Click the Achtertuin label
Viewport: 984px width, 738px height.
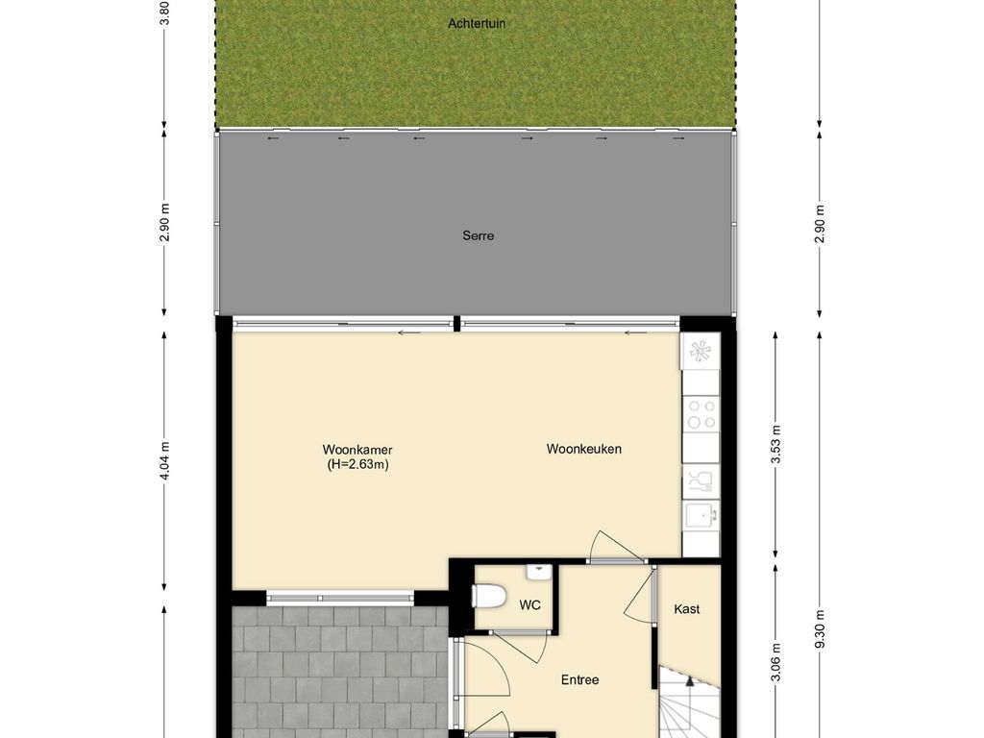point(477,23)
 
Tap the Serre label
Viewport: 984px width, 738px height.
point(478,235)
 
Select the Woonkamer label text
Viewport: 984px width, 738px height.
point(357,450)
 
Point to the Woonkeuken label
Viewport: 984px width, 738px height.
point(584,449)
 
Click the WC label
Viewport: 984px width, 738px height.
point(529,605)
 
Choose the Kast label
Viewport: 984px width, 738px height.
point(687,609)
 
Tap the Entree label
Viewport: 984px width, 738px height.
point(580,680)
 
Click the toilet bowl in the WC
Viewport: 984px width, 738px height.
point(489,596)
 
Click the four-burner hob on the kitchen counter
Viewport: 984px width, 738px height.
point(701,413)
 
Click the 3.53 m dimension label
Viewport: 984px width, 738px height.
point(776,444)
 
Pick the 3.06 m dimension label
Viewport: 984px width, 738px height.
point(776,662)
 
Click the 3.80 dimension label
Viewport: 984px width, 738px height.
point(164,12)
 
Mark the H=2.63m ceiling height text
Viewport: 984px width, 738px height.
point(357,464)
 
